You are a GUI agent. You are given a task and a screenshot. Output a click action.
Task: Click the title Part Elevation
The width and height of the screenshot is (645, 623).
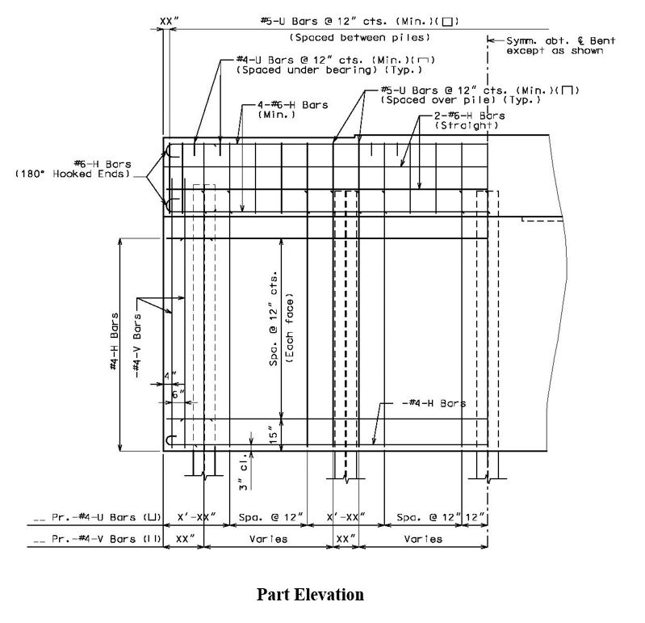[x=310, y=595]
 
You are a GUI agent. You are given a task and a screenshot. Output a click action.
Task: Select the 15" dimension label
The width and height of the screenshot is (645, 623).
[x=274, y=435]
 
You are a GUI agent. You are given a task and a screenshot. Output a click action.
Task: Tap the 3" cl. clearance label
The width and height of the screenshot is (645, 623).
[x=244, y=472]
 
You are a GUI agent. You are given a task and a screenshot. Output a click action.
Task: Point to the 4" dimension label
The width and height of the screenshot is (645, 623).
[x=170, y=377]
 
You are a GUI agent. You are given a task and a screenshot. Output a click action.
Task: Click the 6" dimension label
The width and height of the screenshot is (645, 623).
[x=178, y=394]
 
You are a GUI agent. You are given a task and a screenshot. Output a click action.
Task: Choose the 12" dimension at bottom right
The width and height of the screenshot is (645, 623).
[x=475, y=517]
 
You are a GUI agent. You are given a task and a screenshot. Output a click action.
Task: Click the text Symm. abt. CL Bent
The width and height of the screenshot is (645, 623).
[x=561, y=40]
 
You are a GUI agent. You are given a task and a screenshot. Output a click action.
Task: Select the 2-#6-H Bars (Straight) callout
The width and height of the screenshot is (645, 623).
[x=469, y=120]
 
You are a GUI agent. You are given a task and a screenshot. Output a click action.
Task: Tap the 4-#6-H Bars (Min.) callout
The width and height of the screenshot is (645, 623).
[x=293, y=110]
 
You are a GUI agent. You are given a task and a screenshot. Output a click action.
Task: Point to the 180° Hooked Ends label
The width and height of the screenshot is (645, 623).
[x=73, y=174]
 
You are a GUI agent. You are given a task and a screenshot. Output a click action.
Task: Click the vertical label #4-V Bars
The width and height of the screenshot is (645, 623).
[x=137, y=346]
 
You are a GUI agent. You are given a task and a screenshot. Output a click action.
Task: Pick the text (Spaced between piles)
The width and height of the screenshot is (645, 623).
[x=360, y=37]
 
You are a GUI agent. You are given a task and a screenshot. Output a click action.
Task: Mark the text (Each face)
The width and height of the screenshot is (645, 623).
[x=290, y=328]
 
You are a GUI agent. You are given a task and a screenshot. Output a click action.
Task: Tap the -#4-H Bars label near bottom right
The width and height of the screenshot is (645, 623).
[x=433, y=403]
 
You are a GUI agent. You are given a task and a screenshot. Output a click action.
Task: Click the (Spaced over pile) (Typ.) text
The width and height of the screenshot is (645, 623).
[x=461, y=100]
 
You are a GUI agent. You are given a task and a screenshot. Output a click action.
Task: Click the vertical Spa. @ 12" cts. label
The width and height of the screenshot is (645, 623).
[x=274, y=318]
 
